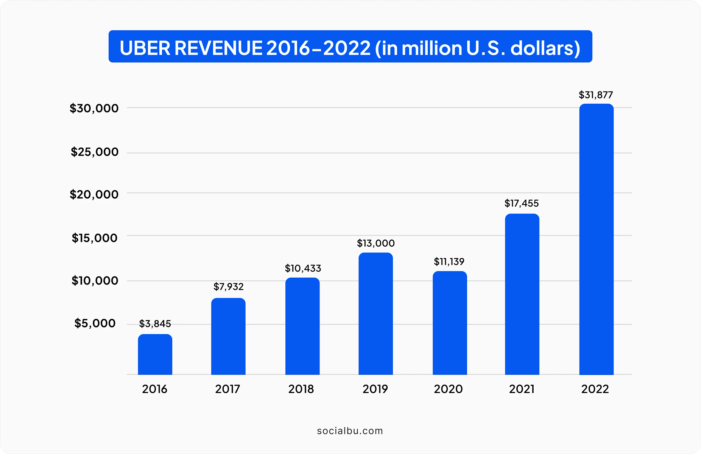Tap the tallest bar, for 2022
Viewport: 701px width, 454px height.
(596, 239)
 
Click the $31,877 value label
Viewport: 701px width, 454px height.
(595, 95)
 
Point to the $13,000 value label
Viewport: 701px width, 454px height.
(375, 243)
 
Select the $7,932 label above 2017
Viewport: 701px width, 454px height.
(228, 287)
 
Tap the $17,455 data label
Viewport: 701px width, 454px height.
(521, 204)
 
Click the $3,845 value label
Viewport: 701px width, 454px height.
(155, 324)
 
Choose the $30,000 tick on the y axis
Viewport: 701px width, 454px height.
(94, 109)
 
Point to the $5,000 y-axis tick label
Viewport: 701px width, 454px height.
(95, 323)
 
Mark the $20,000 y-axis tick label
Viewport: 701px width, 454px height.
(94, 194)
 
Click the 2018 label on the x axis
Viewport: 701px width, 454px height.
(301, 389)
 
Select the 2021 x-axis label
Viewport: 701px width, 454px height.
(522, 389)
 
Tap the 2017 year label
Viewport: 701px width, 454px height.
(227, 389)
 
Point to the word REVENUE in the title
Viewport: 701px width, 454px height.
(218, 48)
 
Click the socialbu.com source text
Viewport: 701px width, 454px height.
(350, 431)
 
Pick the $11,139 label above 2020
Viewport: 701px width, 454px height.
(449, 262)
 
